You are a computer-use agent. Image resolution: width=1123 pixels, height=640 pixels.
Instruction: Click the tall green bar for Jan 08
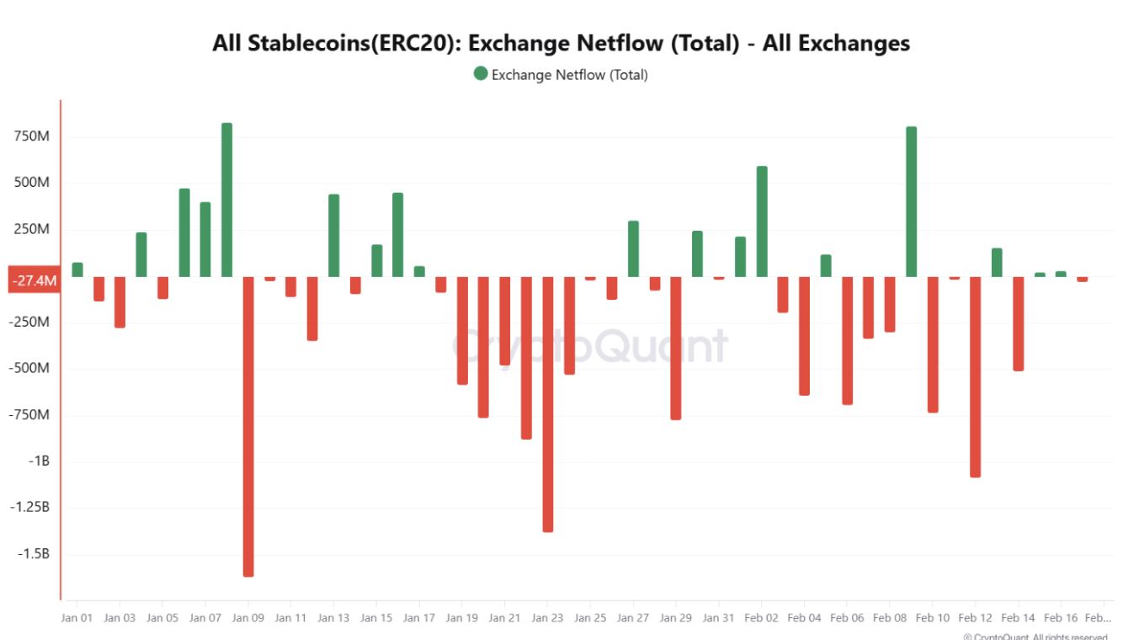(226, 200)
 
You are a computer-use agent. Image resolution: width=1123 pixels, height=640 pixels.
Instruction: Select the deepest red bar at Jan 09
(248, 426)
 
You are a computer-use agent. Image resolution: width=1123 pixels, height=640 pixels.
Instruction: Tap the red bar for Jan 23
(547, 404)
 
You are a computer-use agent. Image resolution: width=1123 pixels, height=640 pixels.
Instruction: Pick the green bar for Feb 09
(911, 201)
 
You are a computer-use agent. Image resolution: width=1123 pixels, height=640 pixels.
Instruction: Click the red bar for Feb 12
(976, 376)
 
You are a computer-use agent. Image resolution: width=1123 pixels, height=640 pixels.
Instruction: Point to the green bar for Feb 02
(762, 221)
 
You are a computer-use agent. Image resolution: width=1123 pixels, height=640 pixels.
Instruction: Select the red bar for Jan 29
(676, 348)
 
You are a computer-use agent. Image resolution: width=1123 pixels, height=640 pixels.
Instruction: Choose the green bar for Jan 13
(333, 236)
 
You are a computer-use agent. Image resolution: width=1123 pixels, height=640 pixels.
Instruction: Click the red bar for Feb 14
(1019, 323)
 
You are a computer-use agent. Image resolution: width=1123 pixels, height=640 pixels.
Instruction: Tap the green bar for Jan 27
(633, 248)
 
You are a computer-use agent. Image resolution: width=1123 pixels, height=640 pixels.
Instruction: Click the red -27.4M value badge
(34, 280)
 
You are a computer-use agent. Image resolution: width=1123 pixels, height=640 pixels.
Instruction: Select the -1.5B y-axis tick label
(32, 554)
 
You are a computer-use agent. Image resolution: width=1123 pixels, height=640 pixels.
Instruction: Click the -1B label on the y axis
(40, 461)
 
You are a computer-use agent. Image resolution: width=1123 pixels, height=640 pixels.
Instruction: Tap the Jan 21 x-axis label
(504, 617)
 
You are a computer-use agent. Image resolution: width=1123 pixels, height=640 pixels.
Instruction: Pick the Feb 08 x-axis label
(889, 617)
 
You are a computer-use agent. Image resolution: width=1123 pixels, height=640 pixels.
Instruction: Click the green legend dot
(481, 74)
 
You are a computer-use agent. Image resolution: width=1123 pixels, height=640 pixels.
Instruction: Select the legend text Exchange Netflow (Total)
(570, 75)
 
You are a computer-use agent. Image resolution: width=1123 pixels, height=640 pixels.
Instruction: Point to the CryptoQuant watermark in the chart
(589, 345)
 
